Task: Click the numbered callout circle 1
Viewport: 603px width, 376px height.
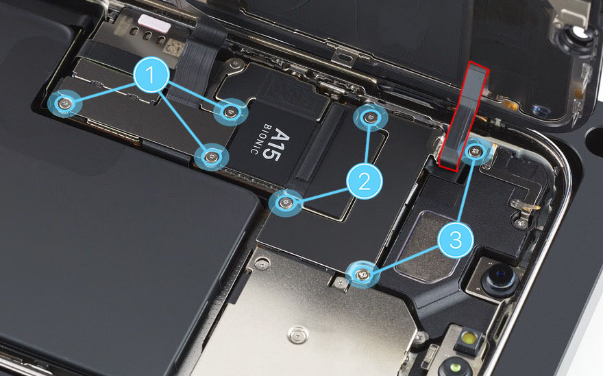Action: pos(151,75)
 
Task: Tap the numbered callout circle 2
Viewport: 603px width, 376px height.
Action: pos(364,180)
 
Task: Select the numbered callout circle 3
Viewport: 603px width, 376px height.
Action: pos(456,239)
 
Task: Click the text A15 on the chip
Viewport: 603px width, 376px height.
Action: pos(275,145)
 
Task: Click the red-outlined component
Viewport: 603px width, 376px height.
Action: pos(463,117)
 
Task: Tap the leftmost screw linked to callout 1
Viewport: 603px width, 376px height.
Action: pos(64,103)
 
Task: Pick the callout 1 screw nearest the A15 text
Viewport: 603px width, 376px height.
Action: pos(211,156)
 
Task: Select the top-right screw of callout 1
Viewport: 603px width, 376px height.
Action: pos(231,112)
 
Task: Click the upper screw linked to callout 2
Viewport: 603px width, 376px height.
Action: pos(370,117)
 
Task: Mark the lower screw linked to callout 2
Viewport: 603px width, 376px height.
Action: pos(285,202)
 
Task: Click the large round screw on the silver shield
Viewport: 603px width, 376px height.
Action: pos(298,334)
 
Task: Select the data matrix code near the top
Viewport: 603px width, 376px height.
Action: pos(174,46)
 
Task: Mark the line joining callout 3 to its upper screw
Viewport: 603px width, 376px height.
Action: pos(466,189)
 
